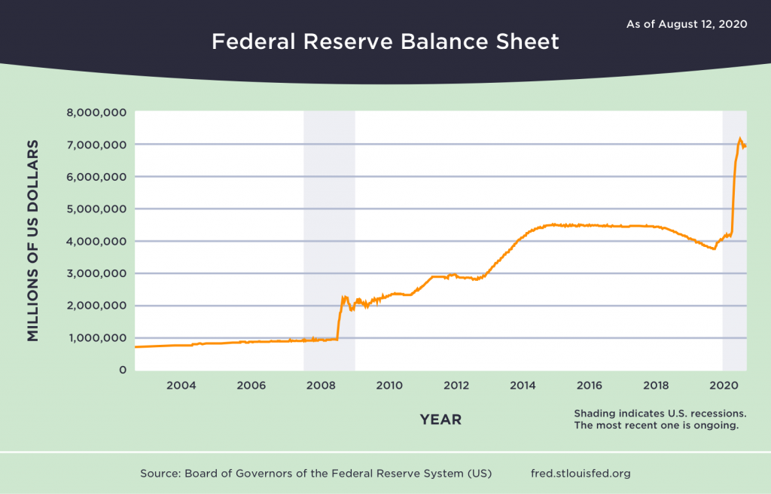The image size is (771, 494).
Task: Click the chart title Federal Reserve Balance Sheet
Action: pyautogui.click(x=385, y=41)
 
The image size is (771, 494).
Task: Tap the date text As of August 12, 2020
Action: pyautogui.click(x=686, y=24)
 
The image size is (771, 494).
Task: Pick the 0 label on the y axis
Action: pyautogui.click(x=121, y=370)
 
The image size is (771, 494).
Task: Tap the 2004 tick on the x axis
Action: pyautogui.click(x=181, y=386)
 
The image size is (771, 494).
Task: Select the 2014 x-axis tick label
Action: pyautogui.click(x=523, y=386)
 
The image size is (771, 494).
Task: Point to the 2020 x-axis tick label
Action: pyautogui.click(x=723, y=386)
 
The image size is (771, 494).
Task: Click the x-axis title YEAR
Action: pyautogui.click(x=440, y=419)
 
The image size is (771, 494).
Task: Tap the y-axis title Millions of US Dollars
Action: pyautogui.click(x=33, y=240)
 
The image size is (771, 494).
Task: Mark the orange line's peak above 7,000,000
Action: pyautogui.click(x=739, y=139)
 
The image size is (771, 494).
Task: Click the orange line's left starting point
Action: pyautogui.click(x=136, y=346)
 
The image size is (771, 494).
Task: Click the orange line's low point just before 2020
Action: pyautogui.click(x=714, y=249)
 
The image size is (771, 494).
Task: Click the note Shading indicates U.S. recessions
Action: pyautogui.click(x=660, y=413)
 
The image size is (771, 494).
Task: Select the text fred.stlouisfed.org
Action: pyautogui.click(x=580, y=474)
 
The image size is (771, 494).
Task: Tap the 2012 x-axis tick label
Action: pyautogui.click(x=456, y=386)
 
